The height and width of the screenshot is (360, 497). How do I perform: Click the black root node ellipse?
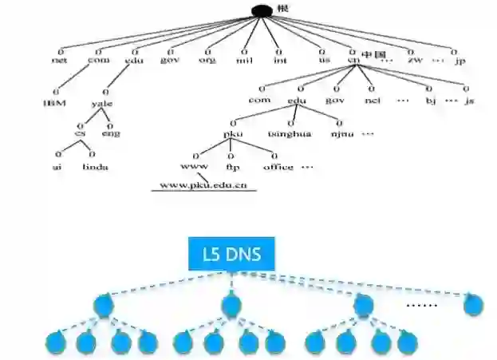[x=262, y=10]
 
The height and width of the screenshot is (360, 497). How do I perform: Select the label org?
[x=207, y=59]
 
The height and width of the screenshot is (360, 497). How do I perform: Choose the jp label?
[x=459, y=59]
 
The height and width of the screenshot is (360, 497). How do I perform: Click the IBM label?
[x=54, y=103]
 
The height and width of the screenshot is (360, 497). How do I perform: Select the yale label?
[x=103, y=103]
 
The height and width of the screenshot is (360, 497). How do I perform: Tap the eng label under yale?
[x=112, y=135]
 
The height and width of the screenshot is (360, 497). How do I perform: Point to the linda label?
[x=95, y=167]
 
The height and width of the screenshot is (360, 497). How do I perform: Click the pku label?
[x=232, y=135]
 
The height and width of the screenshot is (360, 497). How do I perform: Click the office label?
[x=278, y=167]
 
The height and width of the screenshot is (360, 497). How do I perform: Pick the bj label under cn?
[x=430, y=101]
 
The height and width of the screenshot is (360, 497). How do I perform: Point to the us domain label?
[x=324, y=59]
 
